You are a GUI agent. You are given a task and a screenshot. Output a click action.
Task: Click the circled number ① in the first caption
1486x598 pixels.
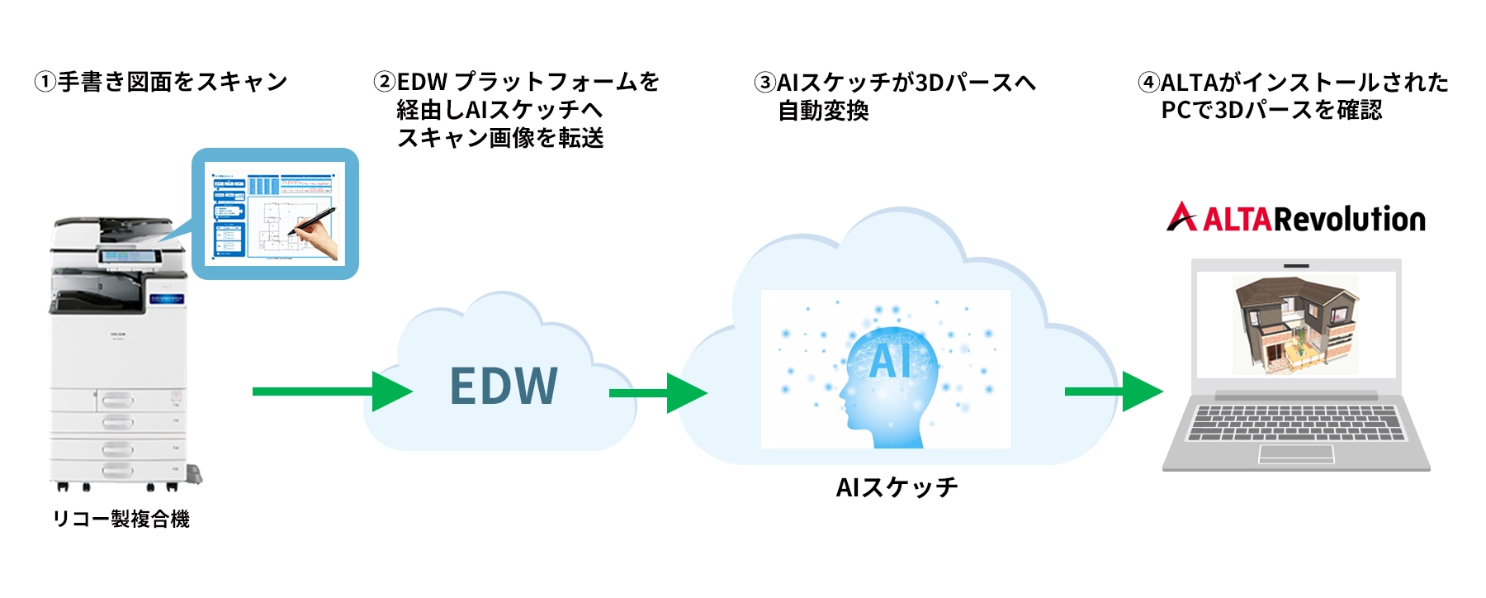click(x=45, y=83)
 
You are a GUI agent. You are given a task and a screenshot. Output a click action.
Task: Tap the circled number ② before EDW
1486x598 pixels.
click(x=384, y=83)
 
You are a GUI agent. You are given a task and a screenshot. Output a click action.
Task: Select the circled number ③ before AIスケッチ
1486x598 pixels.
click(x=764, y=83)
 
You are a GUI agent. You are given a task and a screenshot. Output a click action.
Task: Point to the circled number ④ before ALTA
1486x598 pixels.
click(x=1148, y=83)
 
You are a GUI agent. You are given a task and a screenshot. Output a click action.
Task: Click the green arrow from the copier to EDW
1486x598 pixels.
click(x=330, y=392)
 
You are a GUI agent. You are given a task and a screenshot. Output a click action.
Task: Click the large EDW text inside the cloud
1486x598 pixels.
click(x=504, y=387)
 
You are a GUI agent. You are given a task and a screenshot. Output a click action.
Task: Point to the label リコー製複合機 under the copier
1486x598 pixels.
click(x=121, y=519)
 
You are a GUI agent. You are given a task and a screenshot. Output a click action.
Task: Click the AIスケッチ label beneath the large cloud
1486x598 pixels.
click(x=897, y=487)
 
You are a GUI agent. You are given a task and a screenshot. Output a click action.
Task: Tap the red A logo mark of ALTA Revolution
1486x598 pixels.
click(x=1181, y=217)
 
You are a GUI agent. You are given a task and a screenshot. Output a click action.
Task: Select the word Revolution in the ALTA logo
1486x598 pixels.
click(x=1349, y=219)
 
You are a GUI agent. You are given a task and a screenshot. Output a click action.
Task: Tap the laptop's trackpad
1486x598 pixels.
click(x=1295, y=453)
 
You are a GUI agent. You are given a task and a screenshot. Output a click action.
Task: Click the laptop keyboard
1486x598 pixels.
click(x=1295, y=422)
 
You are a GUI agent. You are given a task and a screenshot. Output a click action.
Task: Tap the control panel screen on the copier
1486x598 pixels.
click(x=130, y=256)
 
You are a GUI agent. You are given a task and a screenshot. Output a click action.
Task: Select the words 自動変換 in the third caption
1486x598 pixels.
click(x=823, y=111)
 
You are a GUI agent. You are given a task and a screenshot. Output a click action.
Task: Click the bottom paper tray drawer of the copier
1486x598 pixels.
click(x=116, y=471)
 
